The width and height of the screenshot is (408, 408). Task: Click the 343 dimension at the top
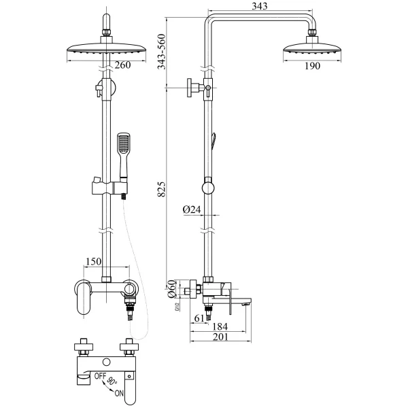tap(259, 6)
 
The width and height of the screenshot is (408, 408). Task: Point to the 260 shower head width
tap(123, 66)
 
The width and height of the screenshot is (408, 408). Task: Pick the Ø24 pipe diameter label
tap(192, 210)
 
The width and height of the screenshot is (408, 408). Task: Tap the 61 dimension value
tap(199, 318)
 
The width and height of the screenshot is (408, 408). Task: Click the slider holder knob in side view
tap(208, 187)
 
